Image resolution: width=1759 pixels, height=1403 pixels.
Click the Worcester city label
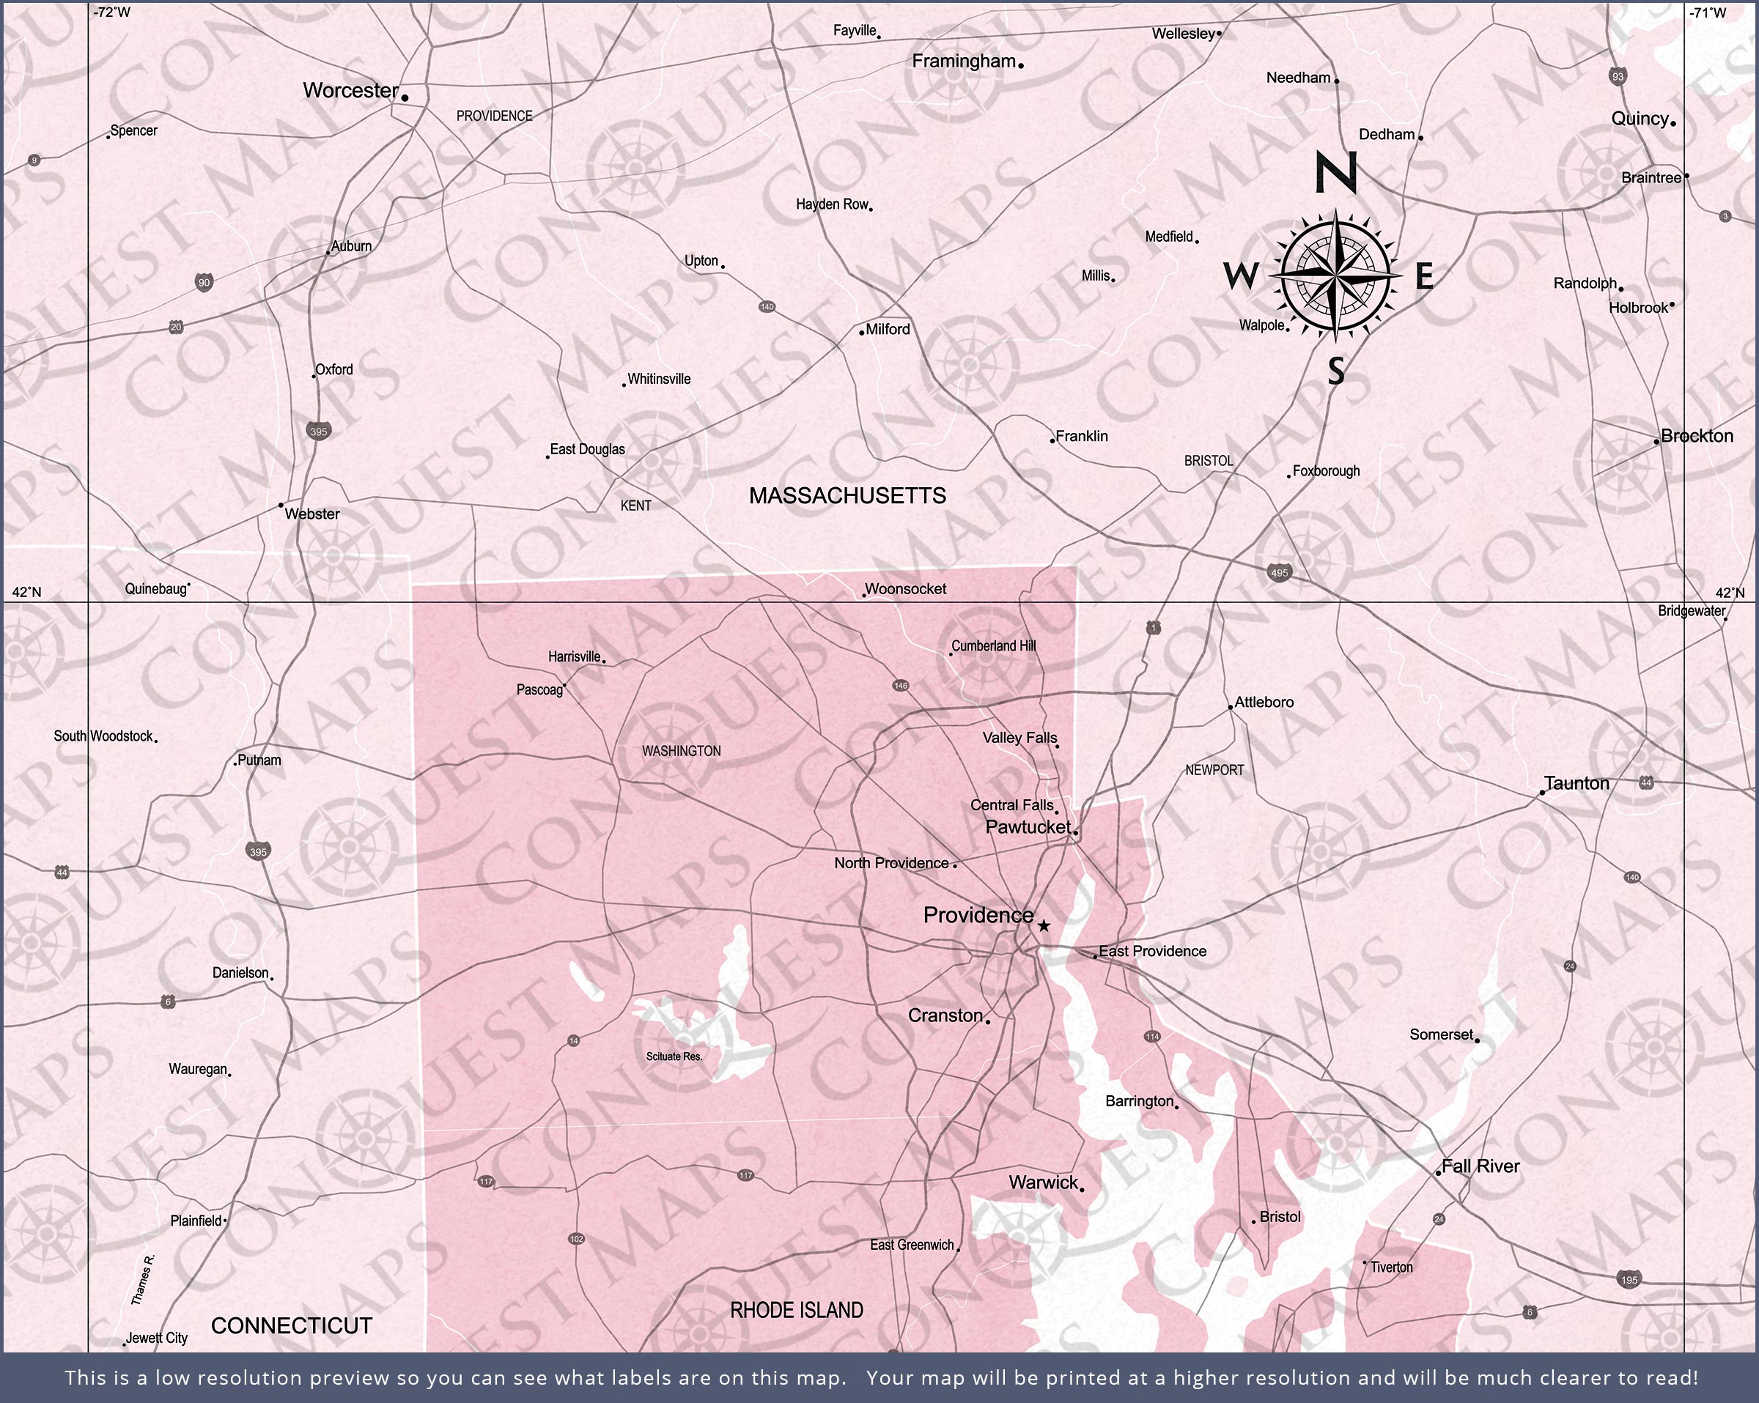tap(351, 91)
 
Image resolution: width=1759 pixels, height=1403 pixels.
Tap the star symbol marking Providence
tap(1044, 926)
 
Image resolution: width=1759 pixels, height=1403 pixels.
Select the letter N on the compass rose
tap(1335, 173)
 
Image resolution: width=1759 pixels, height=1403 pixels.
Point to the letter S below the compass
tap(1335, 371)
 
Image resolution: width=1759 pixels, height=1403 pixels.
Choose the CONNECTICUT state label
tap(291, 1325)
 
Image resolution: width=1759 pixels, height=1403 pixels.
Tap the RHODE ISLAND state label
tap(796, 1310)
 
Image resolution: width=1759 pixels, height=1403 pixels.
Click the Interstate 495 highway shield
tap(1279, 573)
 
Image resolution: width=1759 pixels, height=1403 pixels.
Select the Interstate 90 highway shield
tap(204, 283)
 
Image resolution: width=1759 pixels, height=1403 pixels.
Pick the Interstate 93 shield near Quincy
tap(1618, 77)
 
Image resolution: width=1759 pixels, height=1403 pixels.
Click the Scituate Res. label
tap(674, 1056)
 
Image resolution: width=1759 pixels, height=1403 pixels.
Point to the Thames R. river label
tap(143, 1279)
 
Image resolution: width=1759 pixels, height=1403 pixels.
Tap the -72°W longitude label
tap(112, 12)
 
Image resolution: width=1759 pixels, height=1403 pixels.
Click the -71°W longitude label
tap(1708, 12)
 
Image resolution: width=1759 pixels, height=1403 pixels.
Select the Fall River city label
tap(1480, 1166)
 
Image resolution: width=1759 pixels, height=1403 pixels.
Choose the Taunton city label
tap(1577, 783)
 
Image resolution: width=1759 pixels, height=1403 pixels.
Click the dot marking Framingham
tap(1021, 64)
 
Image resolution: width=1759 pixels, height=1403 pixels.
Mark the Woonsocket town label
tap(905, 589)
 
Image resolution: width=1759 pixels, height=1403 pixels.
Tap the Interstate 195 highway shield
tap(1629, 1279)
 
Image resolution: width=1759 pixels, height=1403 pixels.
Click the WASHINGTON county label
tap(681, 750)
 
